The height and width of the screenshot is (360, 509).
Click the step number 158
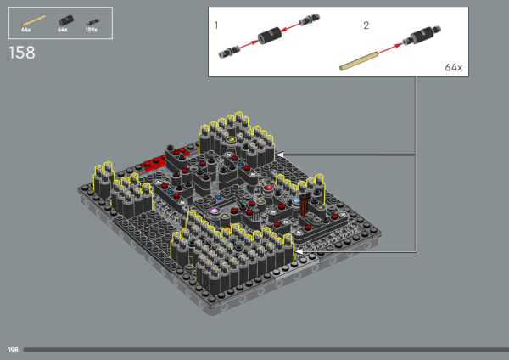pyautogui.click(x=22, y=53)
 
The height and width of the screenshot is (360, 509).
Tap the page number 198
pyautogui.click(x=13, y=350)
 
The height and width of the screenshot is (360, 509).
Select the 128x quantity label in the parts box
pyautogui.click(x=92, y=30)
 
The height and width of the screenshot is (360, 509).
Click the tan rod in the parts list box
pyautogui.click(x=33, y=20)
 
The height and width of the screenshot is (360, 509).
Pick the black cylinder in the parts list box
pyautogui.click(x=66, y=20)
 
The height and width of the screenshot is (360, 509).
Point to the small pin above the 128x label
pyautogui.click(x=92, y=22)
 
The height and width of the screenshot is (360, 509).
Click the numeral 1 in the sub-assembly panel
pyautogui.click(x=216, y=25)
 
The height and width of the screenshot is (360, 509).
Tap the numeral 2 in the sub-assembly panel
pyautogui.click(x=366, y=25)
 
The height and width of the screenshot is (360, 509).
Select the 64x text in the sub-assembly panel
pyautogui.click(x=454, y=67)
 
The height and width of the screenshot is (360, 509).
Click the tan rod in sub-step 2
pyautogui.click(x=358, y=61)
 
